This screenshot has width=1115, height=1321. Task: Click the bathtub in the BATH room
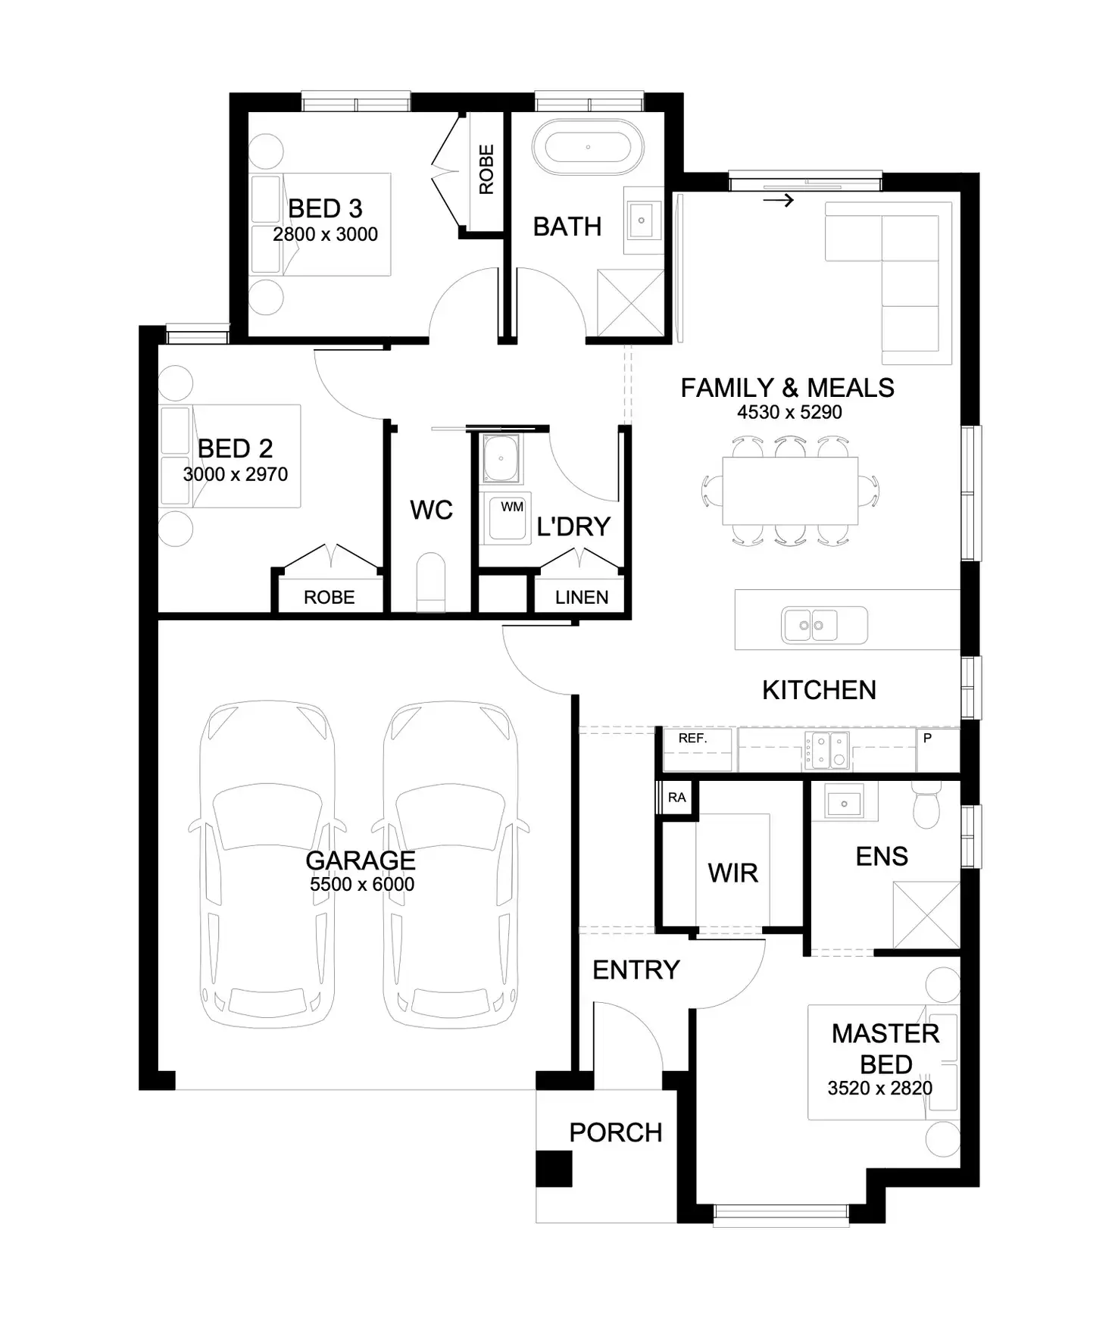[588, 147]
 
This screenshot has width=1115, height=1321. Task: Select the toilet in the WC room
[431, 581]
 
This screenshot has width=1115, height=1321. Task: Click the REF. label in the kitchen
[692, 739]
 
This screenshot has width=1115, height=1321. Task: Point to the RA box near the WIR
[676, 798]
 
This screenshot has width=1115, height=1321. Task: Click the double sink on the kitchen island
[813, 625]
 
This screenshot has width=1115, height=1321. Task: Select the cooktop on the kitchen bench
[827, 750]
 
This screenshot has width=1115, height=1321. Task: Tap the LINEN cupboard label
[581, 598]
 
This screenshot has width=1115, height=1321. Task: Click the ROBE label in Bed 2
[329, 598]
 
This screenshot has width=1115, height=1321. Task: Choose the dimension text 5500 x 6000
[361, 884]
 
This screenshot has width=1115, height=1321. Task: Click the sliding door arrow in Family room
[779, 201]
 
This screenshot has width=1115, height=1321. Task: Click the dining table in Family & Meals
[790, 490]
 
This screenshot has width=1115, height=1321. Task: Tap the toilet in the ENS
[926, 804]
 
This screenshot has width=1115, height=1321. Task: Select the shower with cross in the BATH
[629, 303]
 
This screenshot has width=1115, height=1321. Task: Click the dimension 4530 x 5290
[789, 412]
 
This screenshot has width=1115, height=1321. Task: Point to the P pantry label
[927, 738]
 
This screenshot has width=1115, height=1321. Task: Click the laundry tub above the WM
[501, 458]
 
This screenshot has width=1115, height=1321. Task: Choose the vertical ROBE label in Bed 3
[486, 170]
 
